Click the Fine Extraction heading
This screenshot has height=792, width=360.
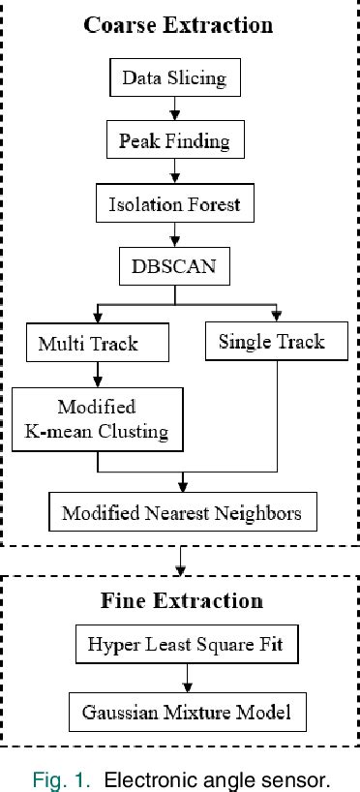click(x=181, y=600)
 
